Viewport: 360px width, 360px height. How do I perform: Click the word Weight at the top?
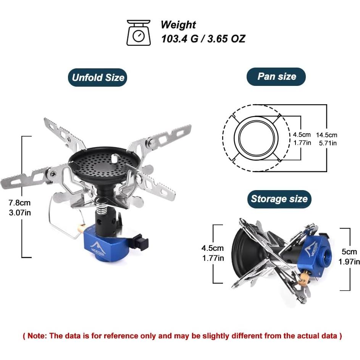tap(178, 25)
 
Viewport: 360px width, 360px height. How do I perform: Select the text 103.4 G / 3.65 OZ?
tap(203, 39)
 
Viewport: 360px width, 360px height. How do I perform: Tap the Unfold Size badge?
tap(98, 78)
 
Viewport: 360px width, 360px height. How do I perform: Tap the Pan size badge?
tap(276, 76)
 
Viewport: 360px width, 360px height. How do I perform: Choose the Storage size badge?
tap(279, 199)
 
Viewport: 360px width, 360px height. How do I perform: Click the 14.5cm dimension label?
tap(326, 135)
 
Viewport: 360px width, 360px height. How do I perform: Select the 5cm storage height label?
tap(349, 252)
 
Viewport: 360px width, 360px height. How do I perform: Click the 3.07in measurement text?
tap(20, 212)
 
